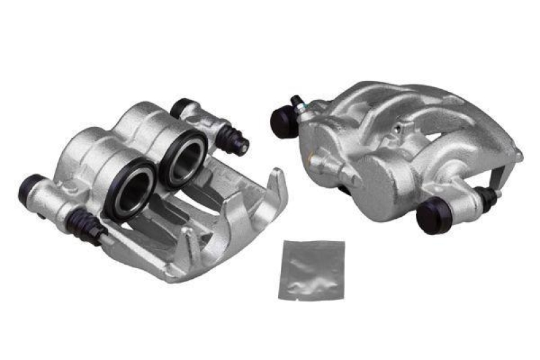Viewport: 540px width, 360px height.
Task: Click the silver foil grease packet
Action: tap(310, 270)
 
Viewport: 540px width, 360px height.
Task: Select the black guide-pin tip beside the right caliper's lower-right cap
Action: tap(493, 195)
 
